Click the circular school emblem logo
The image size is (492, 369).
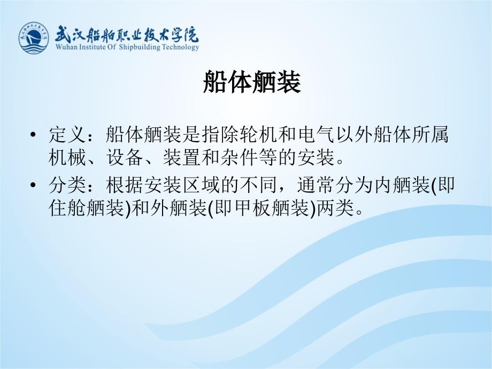tap(34, 37)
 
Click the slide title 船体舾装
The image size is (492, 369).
tap(252, 82)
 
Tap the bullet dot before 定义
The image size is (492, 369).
tap(33, 135)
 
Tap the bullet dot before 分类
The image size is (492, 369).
tap(33, 185)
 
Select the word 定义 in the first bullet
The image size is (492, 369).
tap(67, 134)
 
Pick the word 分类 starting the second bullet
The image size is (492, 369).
tap(67, 185)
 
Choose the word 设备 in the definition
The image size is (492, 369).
tap(125, 157)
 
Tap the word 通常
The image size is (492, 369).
tap(316, 185)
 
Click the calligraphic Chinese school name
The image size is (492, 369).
tap(127, 34)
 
